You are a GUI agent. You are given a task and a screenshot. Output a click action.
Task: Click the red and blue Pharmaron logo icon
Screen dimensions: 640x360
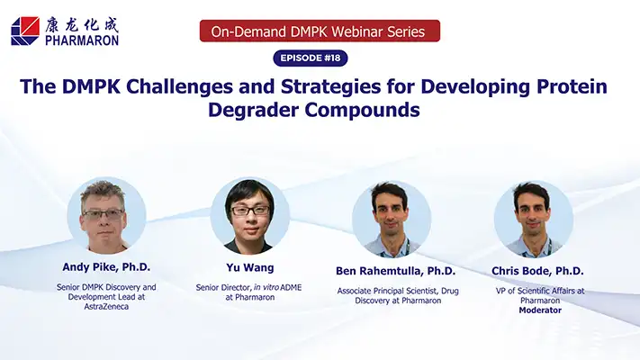[x=25, y=31]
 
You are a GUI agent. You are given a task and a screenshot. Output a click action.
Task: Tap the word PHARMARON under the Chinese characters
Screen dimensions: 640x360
[x=82, y=40]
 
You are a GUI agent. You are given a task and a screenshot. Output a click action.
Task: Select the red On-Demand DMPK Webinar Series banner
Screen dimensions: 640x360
[x=320, y=31]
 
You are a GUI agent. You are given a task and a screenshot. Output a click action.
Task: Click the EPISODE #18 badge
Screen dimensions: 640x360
[x=311, y=58]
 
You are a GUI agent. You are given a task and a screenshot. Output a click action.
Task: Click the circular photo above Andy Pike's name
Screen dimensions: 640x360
[x=106, y=215]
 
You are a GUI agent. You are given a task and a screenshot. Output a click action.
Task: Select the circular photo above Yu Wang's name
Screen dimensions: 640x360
[x=250, y=216]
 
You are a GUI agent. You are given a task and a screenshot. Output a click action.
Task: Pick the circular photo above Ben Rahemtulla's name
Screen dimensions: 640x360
[x=392, y=220]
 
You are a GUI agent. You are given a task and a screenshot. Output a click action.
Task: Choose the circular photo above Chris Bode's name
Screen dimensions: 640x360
[x=534, y=220]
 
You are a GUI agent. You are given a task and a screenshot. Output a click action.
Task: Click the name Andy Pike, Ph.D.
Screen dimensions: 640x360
[x=106, y=267]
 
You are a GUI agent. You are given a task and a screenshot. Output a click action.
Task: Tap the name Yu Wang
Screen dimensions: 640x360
[x=250, y=268]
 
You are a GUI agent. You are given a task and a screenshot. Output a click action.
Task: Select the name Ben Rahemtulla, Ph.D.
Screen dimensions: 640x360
[x=395, y=271]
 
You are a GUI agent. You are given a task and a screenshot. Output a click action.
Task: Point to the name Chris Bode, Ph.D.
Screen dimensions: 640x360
[x=537, y=271]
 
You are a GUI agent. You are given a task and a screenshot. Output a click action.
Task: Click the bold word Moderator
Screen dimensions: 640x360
[x=540, y=310]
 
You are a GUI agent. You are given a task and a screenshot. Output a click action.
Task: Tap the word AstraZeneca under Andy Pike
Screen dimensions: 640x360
[x=106, y=307]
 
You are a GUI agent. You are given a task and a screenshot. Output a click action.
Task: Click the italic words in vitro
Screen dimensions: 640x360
[x=266, y=287]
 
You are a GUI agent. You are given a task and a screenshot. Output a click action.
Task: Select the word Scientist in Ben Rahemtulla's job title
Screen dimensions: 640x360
[x=417, y=291]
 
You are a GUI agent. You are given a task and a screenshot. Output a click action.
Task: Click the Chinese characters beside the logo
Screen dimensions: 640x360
[x=82, y=25]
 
